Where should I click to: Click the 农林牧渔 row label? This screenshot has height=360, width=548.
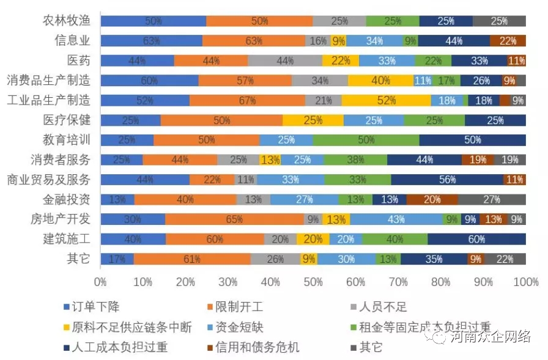pos(66,21)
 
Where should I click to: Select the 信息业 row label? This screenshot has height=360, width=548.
pos(72,40)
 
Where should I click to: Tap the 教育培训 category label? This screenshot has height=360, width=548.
pos(66,139)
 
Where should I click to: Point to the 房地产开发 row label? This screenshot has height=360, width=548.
pos(60,219)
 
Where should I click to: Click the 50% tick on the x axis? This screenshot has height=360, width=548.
pos(313,282)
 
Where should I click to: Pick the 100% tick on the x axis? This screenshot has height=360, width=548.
pos(525,282)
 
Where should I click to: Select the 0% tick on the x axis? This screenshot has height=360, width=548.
pos(100,282)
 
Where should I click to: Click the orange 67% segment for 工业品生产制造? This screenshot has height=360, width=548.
pos(247,100)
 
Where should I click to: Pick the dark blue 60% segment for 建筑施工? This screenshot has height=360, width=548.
pos(476,239)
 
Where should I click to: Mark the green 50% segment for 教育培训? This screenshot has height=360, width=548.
pos(366,140)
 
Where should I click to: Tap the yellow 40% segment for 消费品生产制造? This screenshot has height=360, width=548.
pos(380,80)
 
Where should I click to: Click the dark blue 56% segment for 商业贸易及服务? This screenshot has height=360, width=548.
pos(447,180)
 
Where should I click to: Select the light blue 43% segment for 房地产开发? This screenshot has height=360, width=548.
pos(396,219)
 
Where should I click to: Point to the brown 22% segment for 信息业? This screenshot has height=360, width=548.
pos(508,41)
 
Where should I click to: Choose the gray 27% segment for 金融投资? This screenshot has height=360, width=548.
pos(491,199)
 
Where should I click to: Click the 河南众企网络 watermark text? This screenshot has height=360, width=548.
pos(489,337)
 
